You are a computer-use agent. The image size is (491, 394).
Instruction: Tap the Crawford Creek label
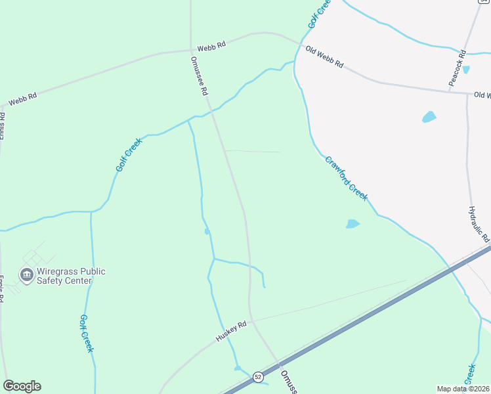(x=346, y=179)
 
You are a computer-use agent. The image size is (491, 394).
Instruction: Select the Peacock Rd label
(x=458, y=67)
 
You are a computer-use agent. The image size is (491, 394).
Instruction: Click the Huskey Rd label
(x=231, y=332)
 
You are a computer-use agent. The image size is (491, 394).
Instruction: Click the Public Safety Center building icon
(x=27, y=275)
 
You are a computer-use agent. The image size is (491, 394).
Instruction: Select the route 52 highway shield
(x=258, y=376)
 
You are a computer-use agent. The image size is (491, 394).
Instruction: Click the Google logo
(x=22, y=386)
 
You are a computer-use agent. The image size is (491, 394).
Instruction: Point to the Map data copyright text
(x=463, y=389)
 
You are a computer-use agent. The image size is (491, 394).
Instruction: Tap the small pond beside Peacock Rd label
(x=466, y=70)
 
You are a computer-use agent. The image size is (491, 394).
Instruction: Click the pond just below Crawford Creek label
(x=352, y=224)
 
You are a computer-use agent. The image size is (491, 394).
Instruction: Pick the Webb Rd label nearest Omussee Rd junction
(x=211, y=45)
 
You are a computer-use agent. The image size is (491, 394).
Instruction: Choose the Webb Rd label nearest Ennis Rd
(x=22, y=100)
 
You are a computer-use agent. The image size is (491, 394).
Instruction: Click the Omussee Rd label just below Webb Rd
(x=199, y=76)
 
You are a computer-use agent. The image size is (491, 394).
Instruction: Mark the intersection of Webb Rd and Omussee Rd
(x=191, y=50)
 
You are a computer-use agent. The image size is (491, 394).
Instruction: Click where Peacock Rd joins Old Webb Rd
(x=467, y=93)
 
